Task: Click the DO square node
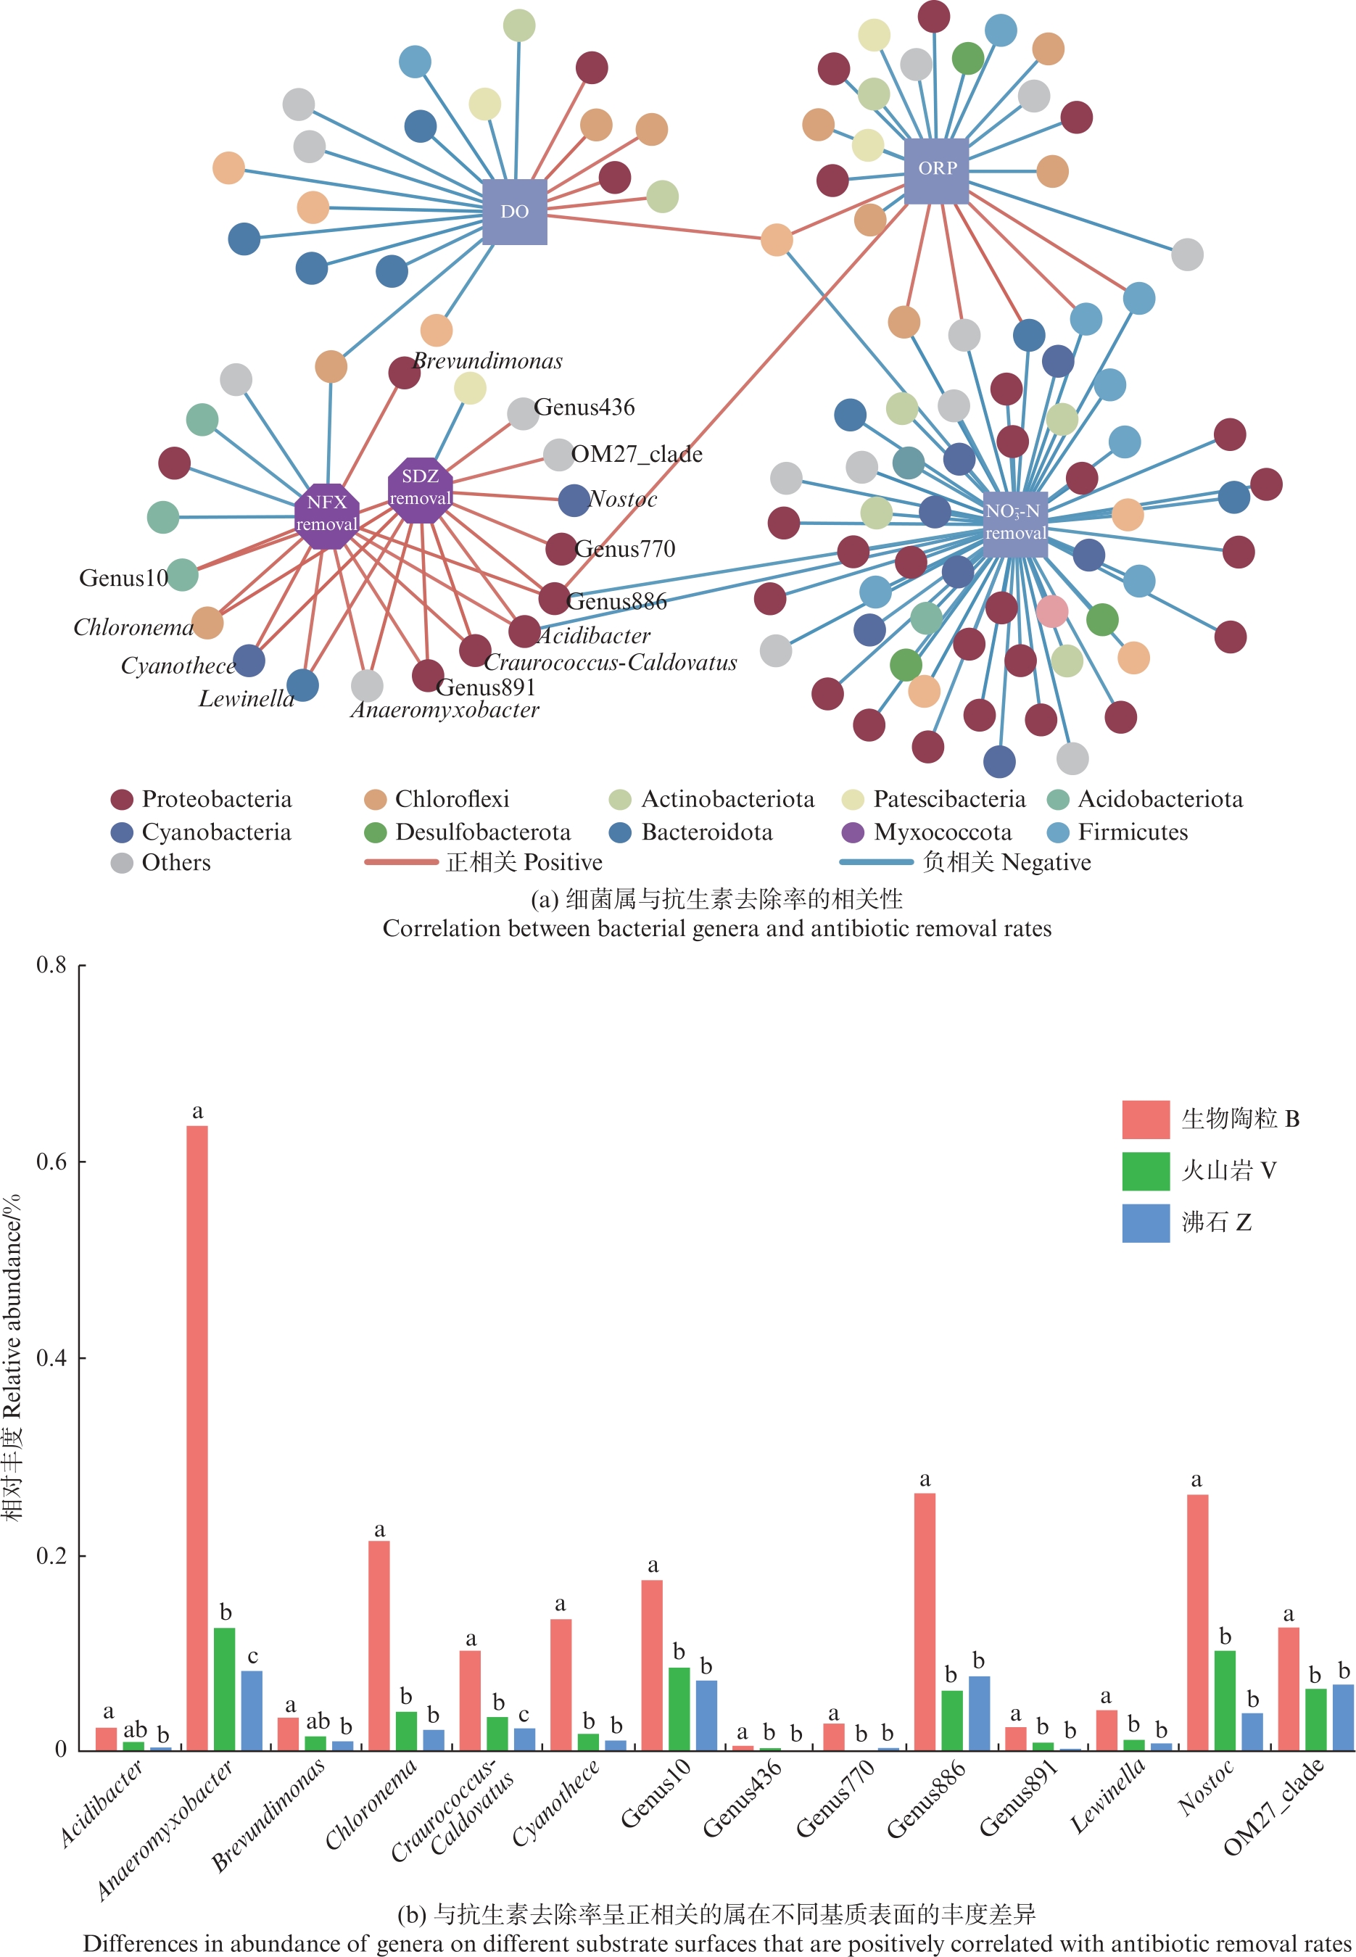tap(514, 212)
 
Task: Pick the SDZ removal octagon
tap(420, 489)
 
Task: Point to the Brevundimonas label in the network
tap(488, 361)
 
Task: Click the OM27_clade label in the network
tap(637, 455)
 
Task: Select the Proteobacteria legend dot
tap(123, 799)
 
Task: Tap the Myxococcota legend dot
tap(852, 832)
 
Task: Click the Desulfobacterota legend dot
tap(376, 832)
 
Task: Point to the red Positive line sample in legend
tap(400, 862)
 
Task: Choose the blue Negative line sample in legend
tap(875, 862)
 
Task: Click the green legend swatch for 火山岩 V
tap(1145, 1171)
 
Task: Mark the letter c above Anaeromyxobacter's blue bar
tap(252, 1657)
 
